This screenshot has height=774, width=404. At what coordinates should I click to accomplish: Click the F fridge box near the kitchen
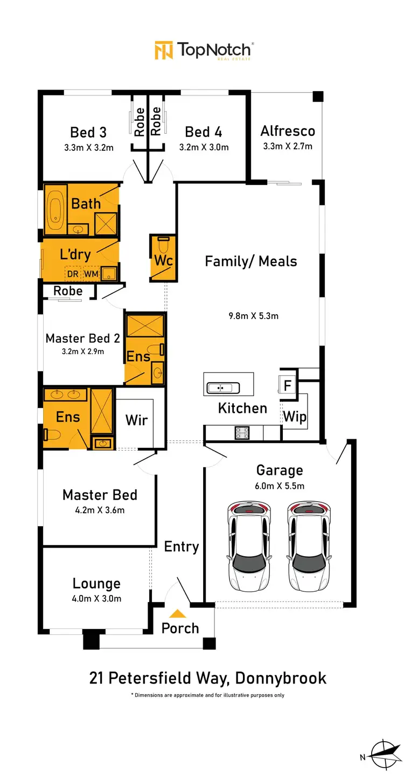click(288, 385)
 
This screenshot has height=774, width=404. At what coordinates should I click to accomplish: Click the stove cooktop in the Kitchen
click(240, 432)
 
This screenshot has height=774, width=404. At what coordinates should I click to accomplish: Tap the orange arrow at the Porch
click(178, 613)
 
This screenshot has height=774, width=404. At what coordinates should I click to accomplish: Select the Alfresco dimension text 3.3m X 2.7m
click(288, 146)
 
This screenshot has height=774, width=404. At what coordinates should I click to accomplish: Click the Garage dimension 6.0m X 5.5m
click(280, 486)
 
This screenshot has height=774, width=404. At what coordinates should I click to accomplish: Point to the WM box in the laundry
click(91, 275)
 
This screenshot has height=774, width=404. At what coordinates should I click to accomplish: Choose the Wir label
click(136, 420)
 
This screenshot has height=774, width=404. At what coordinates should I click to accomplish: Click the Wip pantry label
click(295, 416)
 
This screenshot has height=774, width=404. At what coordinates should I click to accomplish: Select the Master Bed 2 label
click(82, 338)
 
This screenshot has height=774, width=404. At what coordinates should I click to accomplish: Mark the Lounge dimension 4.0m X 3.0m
click(97, 598)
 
